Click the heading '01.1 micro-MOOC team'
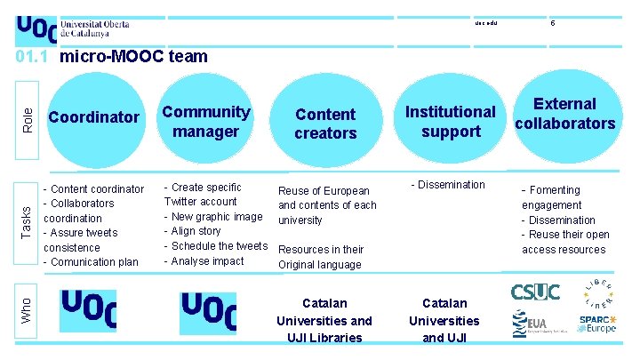pyautogui.click(x=112, y=57)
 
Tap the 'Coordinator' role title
pyautogui.click(x=93, y=117)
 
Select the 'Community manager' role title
pyautogui.click(x=205, y=122)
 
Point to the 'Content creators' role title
pyautogui.click(x=325, y=124)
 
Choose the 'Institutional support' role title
pyautogui.click(x=451, y=122)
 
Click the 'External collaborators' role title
pyautogui.click(x=565, y=114)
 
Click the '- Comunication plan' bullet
pyautogui.click(x=91, y=262)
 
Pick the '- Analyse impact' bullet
pyautogui.click(x=204, y=261)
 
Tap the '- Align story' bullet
pyautogui.click(x=193, y=231)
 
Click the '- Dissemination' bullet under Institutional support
pyautogui.click(x=448, y=185)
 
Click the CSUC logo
pyautogui.click(x=534, y=292)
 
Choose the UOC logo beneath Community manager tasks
pyautogui.click(x=208, y=312)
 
